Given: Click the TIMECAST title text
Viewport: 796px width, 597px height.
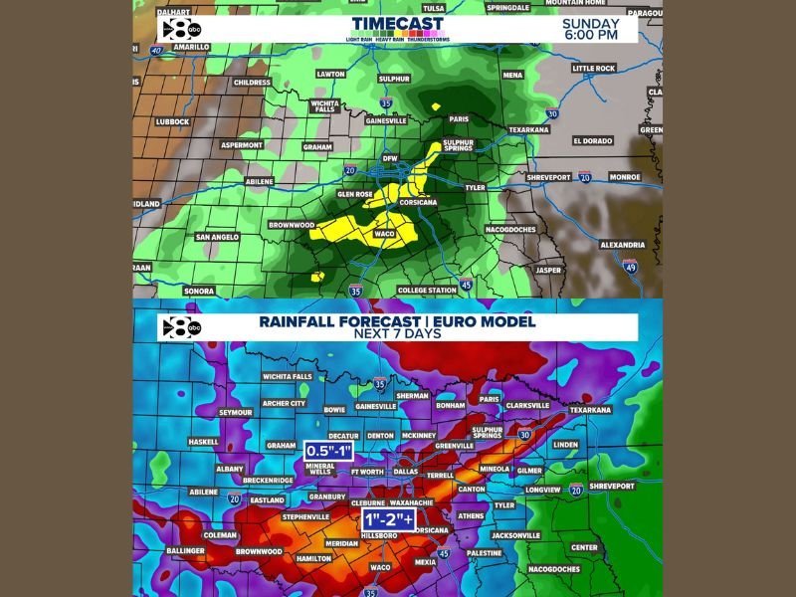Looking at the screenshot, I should click(397, 24).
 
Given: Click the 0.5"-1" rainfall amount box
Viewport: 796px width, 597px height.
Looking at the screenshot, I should click(331, 451).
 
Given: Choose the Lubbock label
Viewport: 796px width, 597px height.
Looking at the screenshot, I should click(171, 122).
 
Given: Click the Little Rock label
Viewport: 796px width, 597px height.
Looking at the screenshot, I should click(595, 69).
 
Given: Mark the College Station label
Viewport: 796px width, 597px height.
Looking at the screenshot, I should click(427, 290).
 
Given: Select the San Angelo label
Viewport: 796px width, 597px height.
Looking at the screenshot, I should click(216, 237).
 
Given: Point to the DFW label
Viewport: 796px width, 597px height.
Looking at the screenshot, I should click(390, 158).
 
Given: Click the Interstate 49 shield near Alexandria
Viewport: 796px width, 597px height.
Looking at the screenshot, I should click(630, 266).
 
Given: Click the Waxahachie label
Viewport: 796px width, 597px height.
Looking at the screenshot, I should click(412, 503).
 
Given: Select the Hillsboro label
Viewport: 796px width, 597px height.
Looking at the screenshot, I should click(379, 535).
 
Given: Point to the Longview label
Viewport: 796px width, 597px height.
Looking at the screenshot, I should click(543, 490).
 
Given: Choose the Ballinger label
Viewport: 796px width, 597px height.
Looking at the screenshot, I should click(185, 550).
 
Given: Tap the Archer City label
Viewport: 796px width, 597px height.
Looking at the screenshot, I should click(284, 403).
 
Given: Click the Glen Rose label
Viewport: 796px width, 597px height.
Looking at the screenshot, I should click(355, 194).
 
